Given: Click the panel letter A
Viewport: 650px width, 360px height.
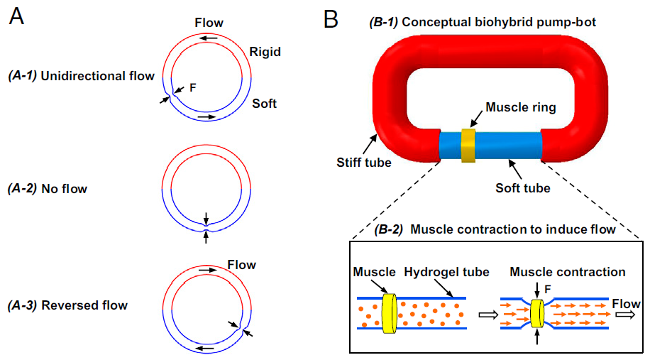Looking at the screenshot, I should [16, 16].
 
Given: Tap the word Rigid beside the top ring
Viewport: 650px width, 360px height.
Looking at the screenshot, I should [265, 51].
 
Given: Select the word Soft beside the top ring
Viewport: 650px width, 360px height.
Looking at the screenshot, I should [264, 104].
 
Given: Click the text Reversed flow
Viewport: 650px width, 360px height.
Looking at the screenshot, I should [84, 305].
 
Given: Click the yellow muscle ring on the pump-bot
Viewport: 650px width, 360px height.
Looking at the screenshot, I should [468, 145].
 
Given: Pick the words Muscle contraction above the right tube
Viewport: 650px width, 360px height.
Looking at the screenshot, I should [568, 272].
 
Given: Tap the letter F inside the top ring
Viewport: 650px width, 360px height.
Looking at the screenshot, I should [193, 88].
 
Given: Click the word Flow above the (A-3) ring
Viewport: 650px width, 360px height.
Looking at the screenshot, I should [241, 265].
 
